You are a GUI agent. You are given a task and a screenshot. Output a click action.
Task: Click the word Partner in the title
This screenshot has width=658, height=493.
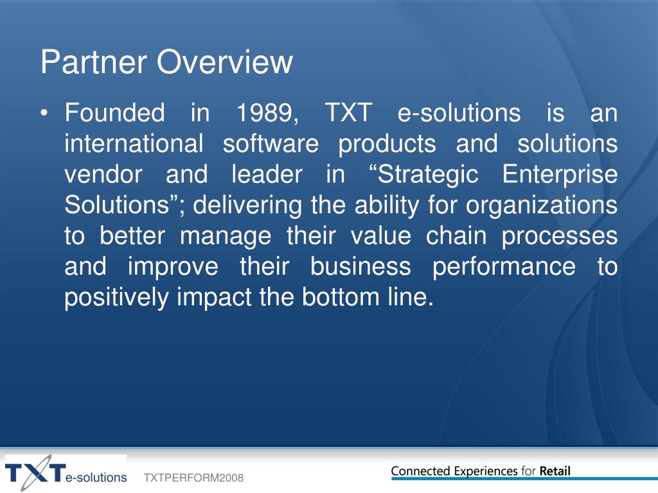coord(94,62)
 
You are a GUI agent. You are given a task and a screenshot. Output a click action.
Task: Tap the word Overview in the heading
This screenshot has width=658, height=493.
coord(224,62)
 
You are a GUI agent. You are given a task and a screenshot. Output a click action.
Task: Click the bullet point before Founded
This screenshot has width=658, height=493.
coord(44,113)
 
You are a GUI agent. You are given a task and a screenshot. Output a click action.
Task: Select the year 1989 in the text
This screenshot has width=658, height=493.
coord(267,113)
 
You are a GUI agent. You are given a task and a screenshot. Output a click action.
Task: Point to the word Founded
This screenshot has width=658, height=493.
coord(114,113)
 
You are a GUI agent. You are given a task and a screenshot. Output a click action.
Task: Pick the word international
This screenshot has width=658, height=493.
coord(134,143)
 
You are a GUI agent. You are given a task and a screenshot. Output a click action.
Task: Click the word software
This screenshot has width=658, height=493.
coord(271,143)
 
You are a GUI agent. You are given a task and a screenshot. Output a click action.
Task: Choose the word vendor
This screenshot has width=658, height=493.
coord(103,175)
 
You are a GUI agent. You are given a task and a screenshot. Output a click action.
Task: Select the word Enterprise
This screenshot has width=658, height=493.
coord(560,175)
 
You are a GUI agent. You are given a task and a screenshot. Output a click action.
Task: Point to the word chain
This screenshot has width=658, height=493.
coord(456,236)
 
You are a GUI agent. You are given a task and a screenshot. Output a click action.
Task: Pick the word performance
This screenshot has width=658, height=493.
coord(504,267)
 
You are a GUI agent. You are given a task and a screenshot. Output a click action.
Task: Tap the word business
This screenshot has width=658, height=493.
coord(360,266)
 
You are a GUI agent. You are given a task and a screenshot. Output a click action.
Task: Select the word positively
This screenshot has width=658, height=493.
coord(116,298)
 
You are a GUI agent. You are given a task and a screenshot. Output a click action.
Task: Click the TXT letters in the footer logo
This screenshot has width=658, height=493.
coord(36,473)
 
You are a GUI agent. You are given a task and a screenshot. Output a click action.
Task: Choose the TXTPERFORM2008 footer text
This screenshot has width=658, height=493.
coord(193,478)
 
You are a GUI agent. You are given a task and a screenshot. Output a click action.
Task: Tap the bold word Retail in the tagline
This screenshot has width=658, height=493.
coord(555,471)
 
